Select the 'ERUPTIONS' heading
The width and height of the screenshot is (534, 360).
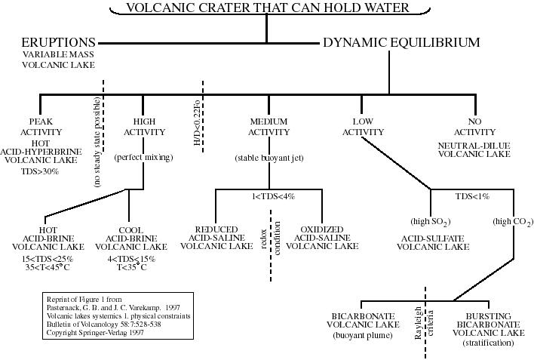[x=58, y=43]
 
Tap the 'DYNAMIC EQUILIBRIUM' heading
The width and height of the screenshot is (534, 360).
[x=401, y=43]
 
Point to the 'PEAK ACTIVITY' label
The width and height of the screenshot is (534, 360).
[x=45, y=127]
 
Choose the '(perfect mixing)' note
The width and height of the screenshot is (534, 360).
[x=143, y=158]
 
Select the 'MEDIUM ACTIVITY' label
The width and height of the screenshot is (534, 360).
[x=269, y=127]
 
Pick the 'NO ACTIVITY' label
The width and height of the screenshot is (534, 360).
[x=474, y=127]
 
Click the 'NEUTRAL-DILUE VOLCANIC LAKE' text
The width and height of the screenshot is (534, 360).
[x=474, y=149]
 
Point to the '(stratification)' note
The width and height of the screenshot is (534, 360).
[x=487, y=343]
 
